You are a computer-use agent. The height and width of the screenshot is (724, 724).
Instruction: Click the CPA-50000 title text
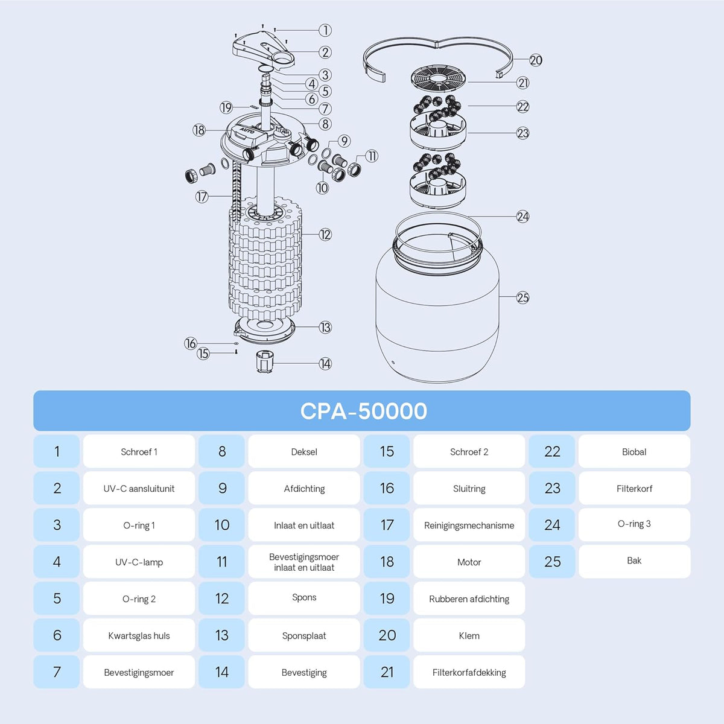(363, 411)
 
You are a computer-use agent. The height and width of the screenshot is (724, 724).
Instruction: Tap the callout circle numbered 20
(535, 60)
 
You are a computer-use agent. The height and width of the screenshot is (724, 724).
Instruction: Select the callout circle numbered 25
(522, 297)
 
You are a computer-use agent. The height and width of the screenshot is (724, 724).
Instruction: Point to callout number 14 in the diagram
(325, 363)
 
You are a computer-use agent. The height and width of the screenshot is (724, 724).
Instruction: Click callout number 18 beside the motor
(199, 130)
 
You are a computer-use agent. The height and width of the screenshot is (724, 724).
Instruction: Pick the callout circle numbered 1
(325, 30)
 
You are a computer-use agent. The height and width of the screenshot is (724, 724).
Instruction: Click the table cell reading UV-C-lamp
(139, 562)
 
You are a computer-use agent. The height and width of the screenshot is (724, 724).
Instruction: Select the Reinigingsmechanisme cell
(469, 525)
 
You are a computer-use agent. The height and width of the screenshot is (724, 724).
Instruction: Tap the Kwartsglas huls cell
(139, 635)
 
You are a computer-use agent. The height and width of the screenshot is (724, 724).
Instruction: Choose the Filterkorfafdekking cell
(469, 672)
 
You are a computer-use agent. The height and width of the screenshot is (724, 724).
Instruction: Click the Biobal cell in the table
(634, 451)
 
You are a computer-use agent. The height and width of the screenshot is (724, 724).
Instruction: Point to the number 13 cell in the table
(221, 635)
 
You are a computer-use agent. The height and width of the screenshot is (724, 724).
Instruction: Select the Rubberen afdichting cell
(469, 599)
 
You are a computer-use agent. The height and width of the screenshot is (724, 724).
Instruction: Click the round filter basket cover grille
(438, 79)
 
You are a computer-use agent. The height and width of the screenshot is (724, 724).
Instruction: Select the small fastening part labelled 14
(265, 361)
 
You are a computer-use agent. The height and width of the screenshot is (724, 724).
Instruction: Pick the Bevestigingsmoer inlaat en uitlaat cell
(304, 562)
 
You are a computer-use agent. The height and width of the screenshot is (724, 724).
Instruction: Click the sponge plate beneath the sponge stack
(264, 330)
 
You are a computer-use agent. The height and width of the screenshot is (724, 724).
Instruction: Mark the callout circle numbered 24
(522, 217)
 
